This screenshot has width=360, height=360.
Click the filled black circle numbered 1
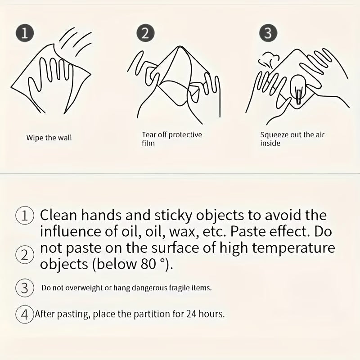pyautogui.click(x=25, y=32)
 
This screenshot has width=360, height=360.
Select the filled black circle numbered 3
pyautogui.click(x=268, y=32)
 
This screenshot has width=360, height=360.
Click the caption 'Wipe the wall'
pyautogui.click(x=49, y=138)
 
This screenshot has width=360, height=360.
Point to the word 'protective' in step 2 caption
pyautogui.click(x=185, y=135)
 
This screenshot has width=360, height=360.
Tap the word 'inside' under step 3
pyautogui.click(x=270, y=143)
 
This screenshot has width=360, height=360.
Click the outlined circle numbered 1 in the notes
pyautogui.click(x=25, y=216)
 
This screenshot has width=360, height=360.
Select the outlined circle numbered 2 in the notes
pyautogui.click(x=25, y=255)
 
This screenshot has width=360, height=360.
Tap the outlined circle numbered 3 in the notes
pyautogui.click(x=25, y=288)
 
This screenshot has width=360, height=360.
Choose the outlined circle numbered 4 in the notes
pyautogui.click(x=25, y=314)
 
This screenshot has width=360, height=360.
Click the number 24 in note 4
pyautogui.click(x=191, y=314)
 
